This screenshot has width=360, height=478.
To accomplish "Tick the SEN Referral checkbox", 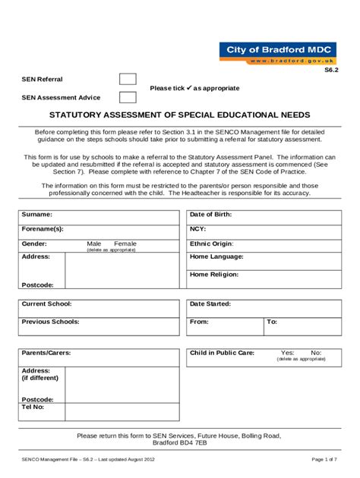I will tap(128, 80).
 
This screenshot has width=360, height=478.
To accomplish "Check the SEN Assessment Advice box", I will tap(128, 97).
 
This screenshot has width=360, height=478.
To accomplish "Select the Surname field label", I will tap(36, 215).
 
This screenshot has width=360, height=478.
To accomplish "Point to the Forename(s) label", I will tap(43, 228).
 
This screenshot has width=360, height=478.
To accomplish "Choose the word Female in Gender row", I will tap(125, 244).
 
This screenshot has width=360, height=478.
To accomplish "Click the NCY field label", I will tap(197, 228).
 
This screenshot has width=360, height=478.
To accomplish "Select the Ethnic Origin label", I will tap(212, 244).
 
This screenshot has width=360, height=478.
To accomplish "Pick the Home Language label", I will tap(216, 257).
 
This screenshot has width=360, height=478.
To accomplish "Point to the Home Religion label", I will tap(215, 274).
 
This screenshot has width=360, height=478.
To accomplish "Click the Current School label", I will tap(46, 303).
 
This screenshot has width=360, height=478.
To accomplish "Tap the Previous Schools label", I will tap(50, 322).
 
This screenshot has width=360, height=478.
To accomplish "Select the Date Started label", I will tap(210, 303).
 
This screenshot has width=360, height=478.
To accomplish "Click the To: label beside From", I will tap(272, 322).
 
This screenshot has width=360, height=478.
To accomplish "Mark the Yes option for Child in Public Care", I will tap(288, 353).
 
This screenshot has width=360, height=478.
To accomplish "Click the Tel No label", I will tap(33, 407).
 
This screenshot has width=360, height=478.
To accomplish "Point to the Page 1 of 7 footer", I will tap(325, 460).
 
